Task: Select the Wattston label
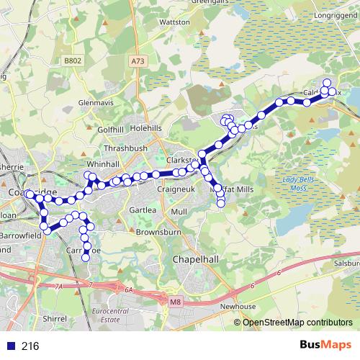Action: [174, 22]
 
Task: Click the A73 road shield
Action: [139, 63]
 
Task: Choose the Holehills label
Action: [147, 128]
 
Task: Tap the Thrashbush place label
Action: [125, 148]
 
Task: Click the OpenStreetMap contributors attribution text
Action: [297, 322]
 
